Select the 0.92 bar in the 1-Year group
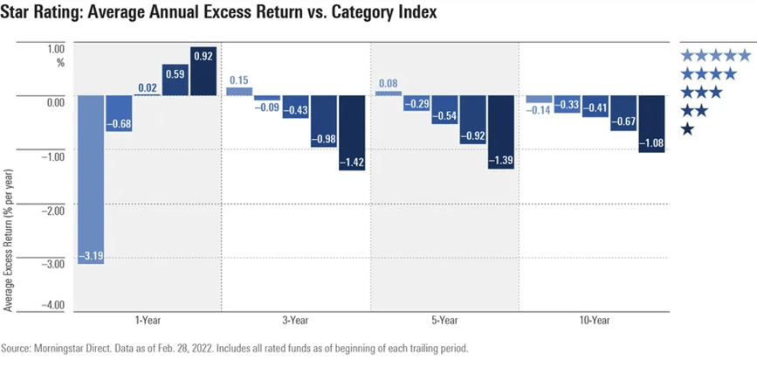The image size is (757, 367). click(203, 71)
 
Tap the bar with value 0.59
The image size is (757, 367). click(175, 80)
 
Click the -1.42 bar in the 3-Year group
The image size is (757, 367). click(353, 132)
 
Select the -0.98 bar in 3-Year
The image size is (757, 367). click(325, 121)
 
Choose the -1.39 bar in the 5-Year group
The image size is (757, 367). click(501, 131)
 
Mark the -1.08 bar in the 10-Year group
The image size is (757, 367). click(650, 123)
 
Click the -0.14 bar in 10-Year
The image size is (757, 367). click(539, 100)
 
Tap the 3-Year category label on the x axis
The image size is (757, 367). click(297, 322)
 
